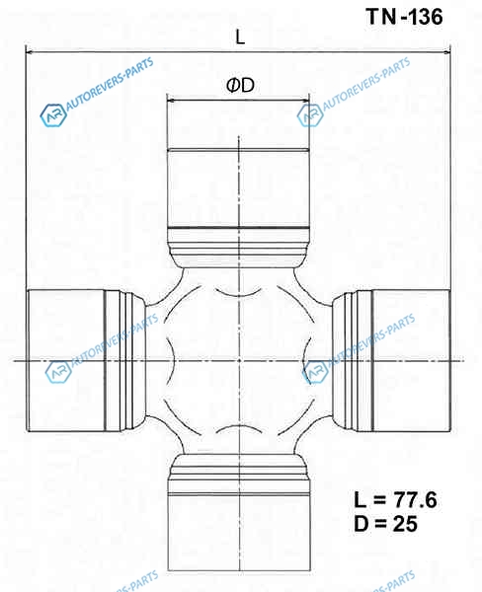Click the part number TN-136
pos(404,17)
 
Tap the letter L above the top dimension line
pos(240,37)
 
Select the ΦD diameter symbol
pos(240,85)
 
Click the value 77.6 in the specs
pos(415,500)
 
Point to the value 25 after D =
pos(405,524)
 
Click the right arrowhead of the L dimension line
pos(446,51)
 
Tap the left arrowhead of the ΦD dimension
pos(172,101)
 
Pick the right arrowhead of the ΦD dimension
pos(304,101)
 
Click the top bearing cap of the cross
pos(239,188)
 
